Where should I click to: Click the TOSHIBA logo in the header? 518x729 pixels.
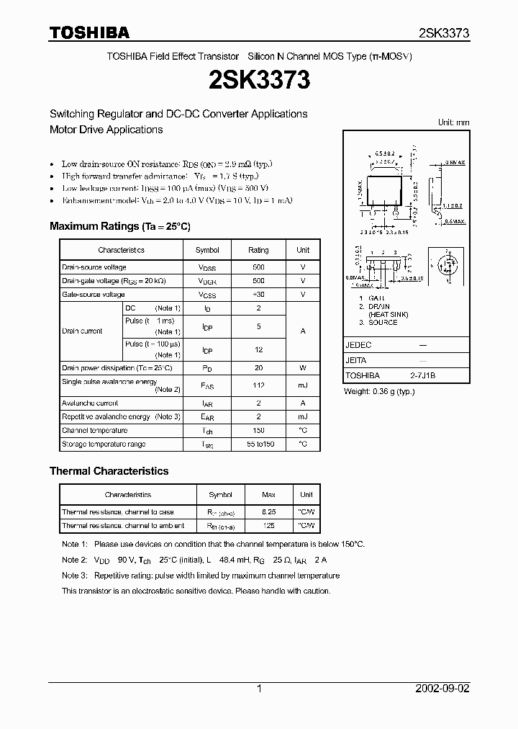(89, 32)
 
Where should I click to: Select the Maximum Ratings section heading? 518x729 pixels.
(119, 226)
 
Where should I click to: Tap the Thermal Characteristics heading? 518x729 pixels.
(109, 470)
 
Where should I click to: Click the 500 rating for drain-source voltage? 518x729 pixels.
(258, 267)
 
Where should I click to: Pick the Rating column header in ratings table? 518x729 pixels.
(258, 250)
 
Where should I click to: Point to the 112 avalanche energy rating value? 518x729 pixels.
(258, 385)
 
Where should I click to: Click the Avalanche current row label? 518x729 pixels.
(90, 403)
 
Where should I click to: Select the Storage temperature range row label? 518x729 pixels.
(104, 444)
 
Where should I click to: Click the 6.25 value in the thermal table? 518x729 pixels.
(269, 512)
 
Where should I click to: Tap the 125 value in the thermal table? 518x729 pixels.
(269, 526)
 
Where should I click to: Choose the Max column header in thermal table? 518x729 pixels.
(269, 495)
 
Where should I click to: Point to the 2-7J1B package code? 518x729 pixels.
(423, 375)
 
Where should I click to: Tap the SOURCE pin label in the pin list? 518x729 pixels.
(382, 322)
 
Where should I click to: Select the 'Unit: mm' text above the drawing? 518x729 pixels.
(453, 122)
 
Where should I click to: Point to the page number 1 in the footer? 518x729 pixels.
(259, 689)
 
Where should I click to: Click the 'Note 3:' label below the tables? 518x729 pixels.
(74, 576)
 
